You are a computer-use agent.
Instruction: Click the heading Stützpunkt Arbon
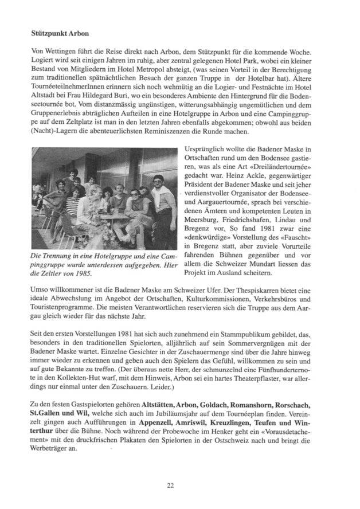pyautogui.click(x=60, y=34)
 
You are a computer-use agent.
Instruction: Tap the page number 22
pyautogui.click(x=170, y=485)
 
